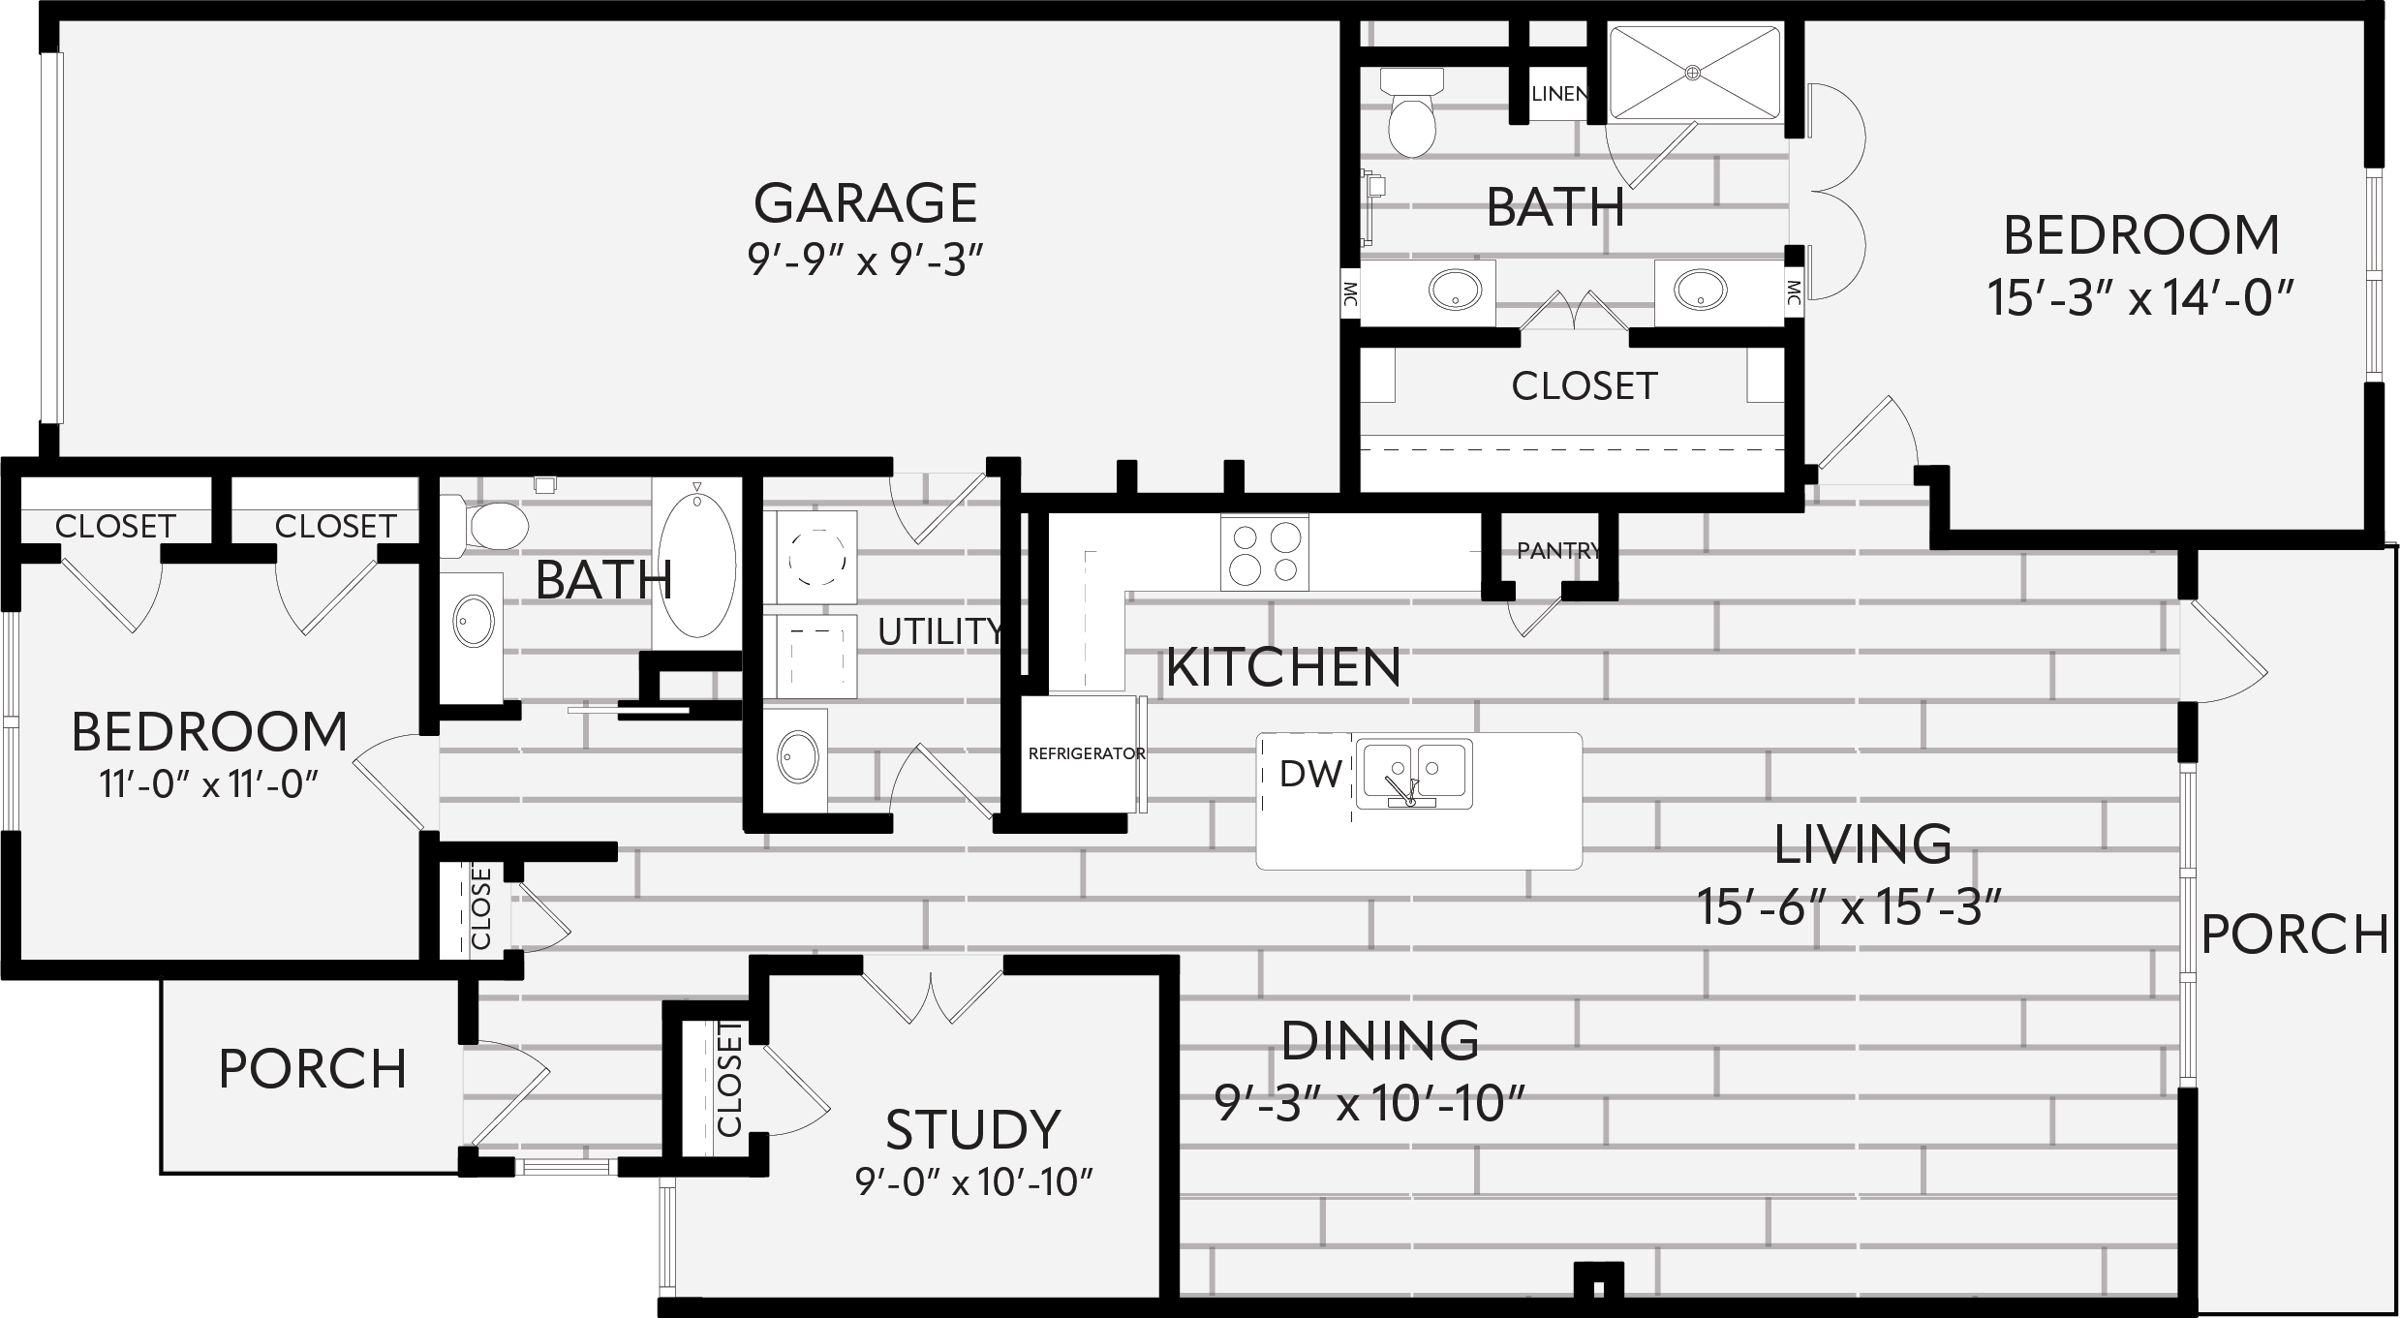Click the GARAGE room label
click(865, 203)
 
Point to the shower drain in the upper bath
click(1693, 73)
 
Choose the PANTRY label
click(1558, 551)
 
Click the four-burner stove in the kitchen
click(1264, 552)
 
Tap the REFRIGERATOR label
click(1087, 753)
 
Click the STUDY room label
click(973, 1129)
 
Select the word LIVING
click(1862, 844)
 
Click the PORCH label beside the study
click(312, 1069)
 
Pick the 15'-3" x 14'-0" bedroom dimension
click(2140, 297)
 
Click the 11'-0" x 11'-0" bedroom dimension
click(209, 783)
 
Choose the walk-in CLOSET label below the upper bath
click(1585, 386)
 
